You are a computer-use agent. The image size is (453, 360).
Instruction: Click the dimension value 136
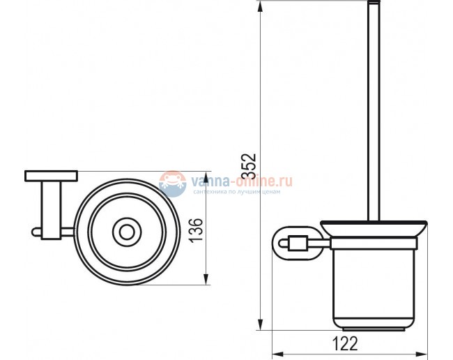tap(197, 229)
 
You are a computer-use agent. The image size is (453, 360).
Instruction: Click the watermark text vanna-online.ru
tap(237, 182)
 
